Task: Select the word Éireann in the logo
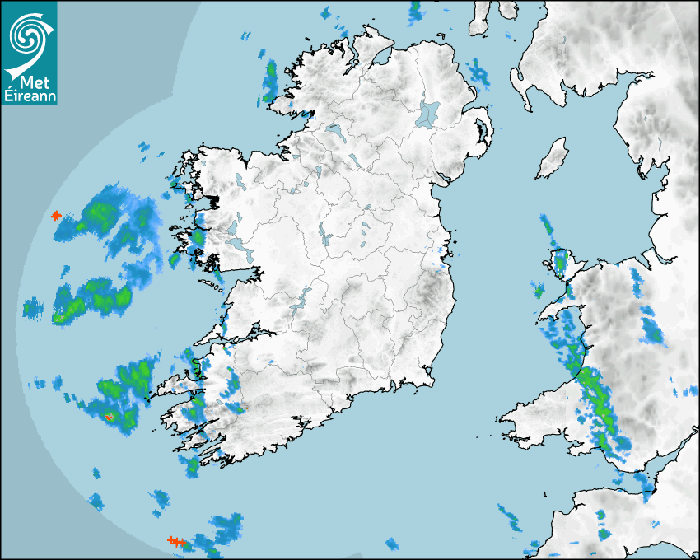tap(30, 96)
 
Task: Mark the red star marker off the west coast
tap(56, 216)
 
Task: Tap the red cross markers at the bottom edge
tap(175, 541)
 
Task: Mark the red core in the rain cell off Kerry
tap(108, 418)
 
